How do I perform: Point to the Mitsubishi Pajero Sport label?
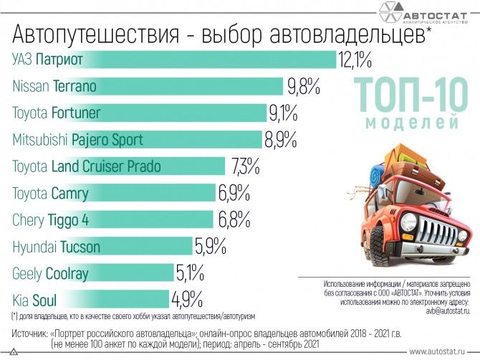coord(78,140)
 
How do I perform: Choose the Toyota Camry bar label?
coord(51,194)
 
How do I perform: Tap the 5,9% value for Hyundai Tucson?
coord(210,247)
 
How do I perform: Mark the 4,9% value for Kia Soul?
coord(187,300)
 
